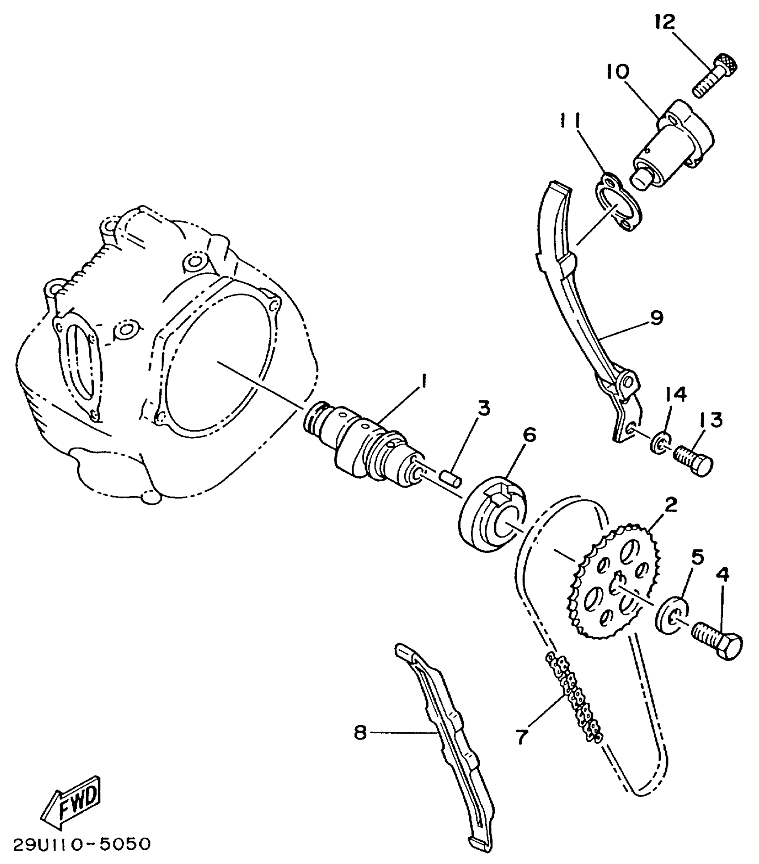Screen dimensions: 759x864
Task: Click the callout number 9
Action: click(x=656, y=318)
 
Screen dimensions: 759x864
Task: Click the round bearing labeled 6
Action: click(x=494, y=515)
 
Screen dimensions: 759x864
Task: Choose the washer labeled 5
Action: click(x=672, y=614)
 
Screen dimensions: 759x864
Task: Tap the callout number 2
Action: click(x=670, y=504)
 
